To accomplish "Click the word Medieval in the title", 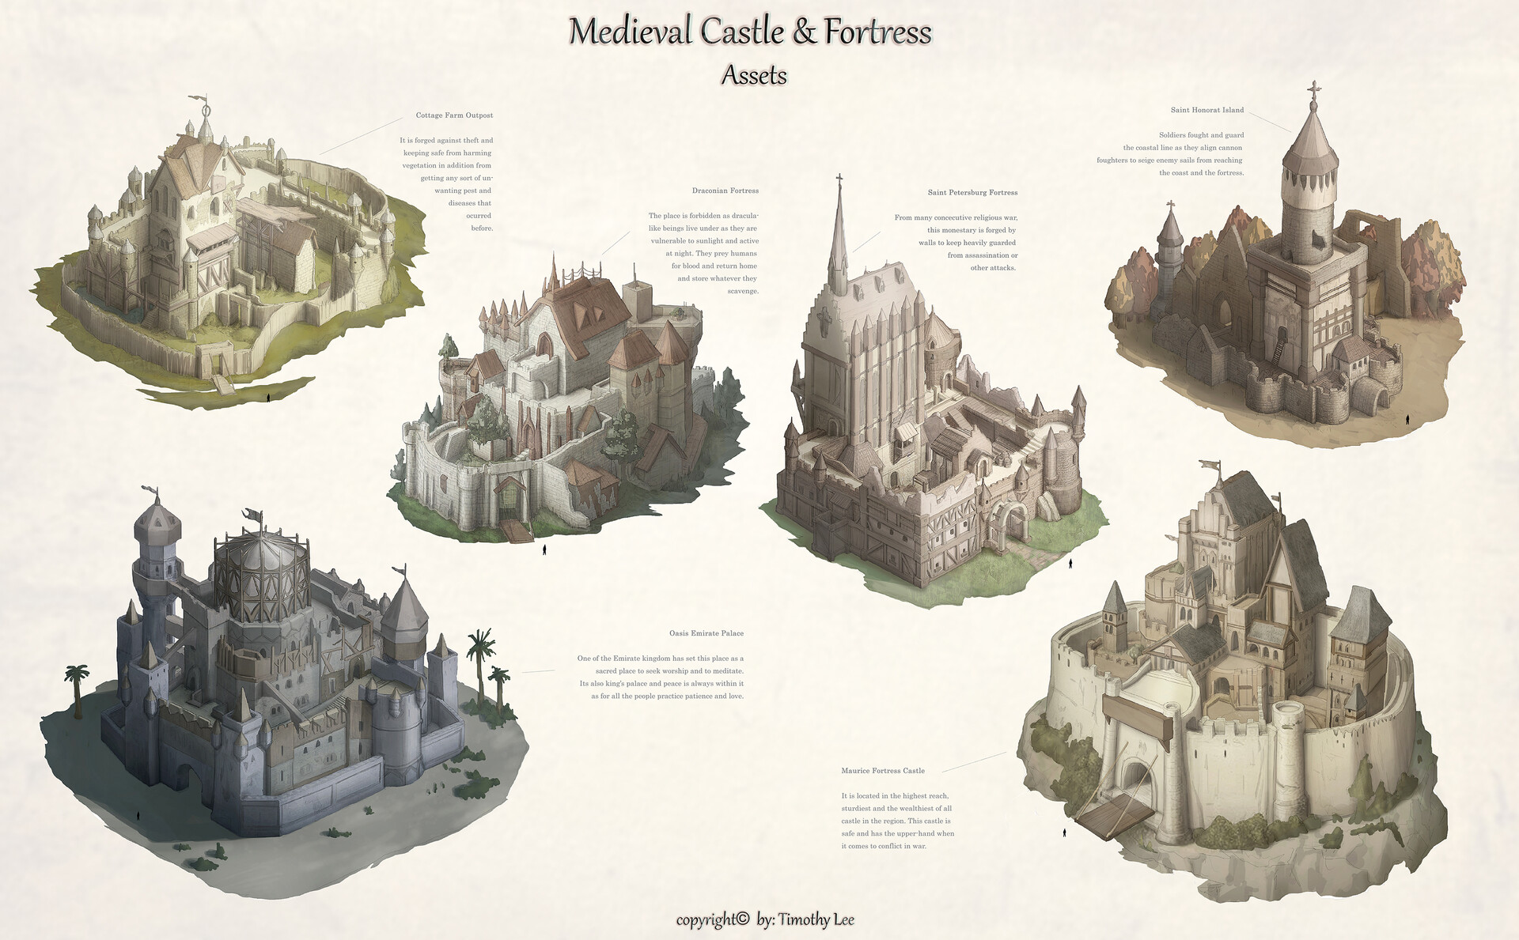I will (x=629, y=32).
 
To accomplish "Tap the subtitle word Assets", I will (x=754, y=75).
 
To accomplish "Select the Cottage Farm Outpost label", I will (x=454, y=115).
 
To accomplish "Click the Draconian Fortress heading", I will (x=725, y=191).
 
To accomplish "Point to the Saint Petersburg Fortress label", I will (x=972, y=192).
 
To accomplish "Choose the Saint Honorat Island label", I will (x=1207, y=110).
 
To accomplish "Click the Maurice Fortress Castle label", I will (x=883, y=771).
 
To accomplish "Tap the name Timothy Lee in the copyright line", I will (x=816, y=919).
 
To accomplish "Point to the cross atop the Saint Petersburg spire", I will (x=839, y=179).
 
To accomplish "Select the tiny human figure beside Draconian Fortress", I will (x=544, y=549).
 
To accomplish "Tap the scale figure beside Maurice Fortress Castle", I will (x=1064, y=832).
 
